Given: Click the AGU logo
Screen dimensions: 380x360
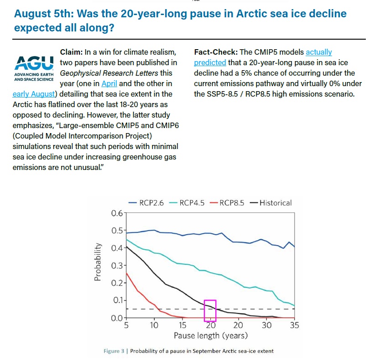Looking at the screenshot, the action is (x=34, y=68).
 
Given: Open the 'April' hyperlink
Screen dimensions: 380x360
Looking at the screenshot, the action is (x=109, y=83).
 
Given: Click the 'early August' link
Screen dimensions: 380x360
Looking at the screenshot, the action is (x=34, y=94).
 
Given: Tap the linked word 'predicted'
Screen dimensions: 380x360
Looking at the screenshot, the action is (x=210, y=62).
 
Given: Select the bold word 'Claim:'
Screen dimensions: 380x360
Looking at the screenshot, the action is (x=71, y=52).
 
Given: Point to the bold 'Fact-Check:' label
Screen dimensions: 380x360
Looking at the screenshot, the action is (x=216, y=52).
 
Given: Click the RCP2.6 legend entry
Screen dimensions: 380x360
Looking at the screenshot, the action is (x=146, y=203).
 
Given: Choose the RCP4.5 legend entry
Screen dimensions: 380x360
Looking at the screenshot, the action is (x=187, y=203).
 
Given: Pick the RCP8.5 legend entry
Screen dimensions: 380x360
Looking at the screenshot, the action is (x=227, y=203).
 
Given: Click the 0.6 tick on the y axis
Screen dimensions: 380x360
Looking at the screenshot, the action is (x=117, y=213).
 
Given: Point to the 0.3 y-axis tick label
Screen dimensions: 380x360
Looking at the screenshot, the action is (x=117, y=266).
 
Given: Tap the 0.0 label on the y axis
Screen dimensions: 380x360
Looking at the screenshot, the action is (x=117, y=318).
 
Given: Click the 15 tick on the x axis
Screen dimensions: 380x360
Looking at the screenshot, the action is (x=182, y=325).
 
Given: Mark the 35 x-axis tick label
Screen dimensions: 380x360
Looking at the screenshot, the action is (x=294, y=325).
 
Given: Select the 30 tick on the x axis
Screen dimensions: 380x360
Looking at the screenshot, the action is (x=266, y=325).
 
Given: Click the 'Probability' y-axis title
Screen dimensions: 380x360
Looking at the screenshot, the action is (x=98, y=262).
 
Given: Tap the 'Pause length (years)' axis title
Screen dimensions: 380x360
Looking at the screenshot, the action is (x=211, y=336).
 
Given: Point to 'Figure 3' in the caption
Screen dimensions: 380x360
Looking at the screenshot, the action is (x=114, y=351).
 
